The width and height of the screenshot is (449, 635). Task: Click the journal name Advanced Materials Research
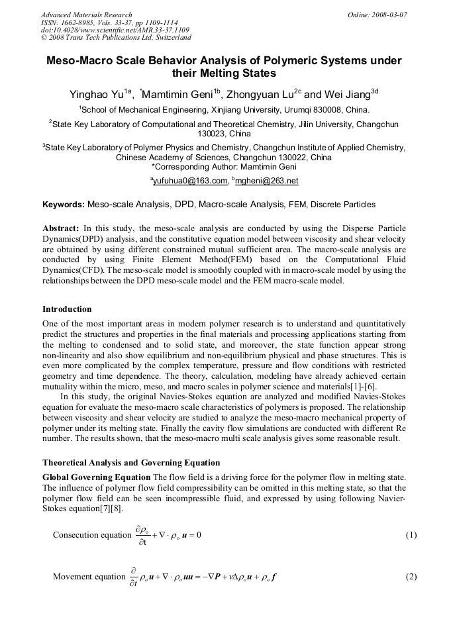pos(87,15)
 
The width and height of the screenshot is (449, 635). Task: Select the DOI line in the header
pos(115,30)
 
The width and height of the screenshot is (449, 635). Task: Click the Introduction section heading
pos(67,309)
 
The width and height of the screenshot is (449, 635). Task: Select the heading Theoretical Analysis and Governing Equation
pos(131,462)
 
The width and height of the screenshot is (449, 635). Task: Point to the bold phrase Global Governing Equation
pos(96,477)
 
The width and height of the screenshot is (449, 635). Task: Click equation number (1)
pos(411,535)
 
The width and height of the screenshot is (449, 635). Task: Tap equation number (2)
pos(411,577)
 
